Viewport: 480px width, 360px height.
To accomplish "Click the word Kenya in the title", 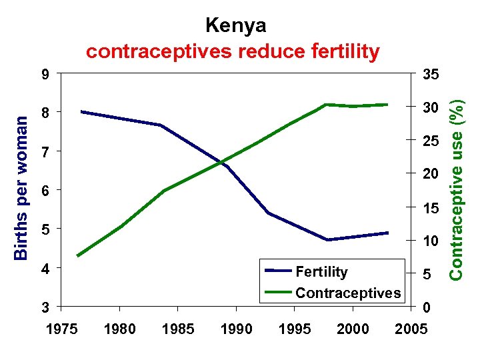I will pos(235,25).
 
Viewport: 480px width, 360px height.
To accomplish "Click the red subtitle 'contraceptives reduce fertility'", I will pos(233,51).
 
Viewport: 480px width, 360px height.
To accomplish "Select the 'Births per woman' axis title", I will pos(21,187).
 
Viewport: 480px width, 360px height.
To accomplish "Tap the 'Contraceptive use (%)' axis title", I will pos(456,186).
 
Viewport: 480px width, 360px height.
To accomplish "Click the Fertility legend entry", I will pos(321,272).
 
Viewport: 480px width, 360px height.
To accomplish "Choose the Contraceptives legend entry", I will pos(347,293).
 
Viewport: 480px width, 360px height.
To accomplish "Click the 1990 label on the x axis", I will pos(236,329).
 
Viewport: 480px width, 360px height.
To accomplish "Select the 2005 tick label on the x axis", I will pos(411,329).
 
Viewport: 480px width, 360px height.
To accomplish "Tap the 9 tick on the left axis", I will pos(45,74).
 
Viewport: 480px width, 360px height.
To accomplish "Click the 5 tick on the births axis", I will pos(45,229).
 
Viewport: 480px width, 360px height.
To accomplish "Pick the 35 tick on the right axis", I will pos(429,74).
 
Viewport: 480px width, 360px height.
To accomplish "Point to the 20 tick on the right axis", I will pos(429,174).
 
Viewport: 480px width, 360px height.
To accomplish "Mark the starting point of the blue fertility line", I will pos(81,111).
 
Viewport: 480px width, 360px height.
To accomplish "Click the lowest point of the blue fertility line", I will pos(328,240).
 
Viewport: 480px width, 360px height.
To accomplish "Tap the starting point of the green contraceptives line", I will pos(78,256).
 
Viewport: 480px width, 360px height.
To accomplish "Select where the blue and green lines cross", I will pos(222,162).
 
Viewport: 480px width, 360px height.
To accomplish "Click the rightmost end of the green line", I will pos(387,105).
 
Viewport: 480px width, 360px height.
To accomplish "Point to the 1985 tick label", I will pos(177,329).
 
